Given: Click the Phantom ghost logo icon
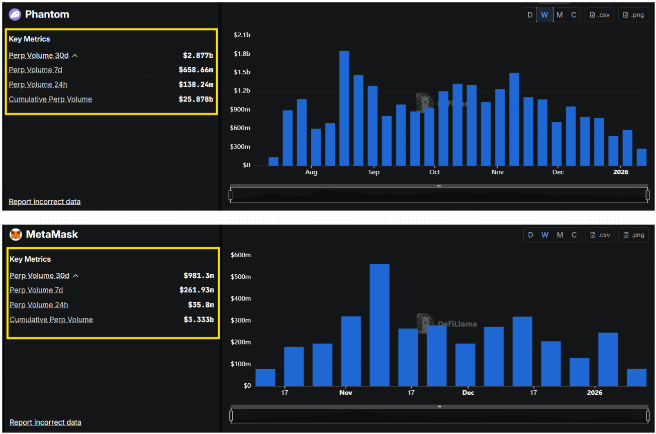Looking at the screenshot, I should click(15, 15).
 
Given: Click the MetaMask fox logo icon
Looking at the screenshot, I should click(16, 235).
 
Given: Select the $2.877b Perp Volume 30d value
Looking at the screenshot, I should click(198, 55).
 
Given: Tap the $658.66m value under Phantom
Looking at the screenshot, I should click(196, 70).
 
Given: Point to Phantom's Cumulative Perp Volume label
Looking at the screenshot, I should click(50, 99).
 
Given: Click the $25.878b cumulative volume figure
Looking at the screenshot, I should click(196, 99).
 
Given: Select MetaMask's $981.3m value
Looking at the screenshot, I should click(199, 275).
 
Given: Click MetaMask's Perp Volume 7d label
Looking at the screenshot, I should click(36, 290).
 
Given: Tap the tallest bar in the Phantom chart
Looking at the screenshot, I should click(344, 108).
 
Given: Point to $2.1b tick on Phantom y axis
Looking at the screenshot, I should click(242, 35).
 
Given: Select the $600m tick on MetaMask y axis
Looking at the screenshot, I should click(240, 255).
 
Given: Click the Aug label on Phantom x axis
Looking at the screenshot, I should click(311, 172).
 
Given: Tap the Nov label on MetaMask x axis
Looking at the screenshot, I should click(345, 392).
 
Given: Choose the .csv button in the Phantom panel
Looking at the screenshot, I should click(599, 15).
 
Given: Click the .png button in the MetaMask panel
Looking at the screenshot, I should click(633, 235).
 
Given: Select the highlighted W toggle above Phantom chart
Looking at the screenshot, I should click(544, 15).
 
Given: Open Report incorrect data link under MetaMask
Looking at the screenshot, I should click(45, 422).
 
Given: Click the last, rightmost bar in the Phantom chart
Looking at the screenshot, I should click(641, 157).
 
